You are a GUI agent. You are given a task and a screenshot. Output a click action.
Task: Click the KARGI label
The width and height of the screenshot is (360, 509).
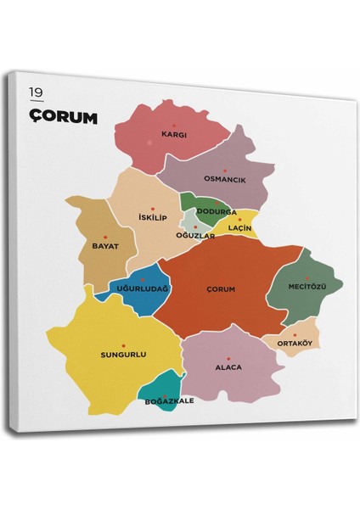(174, 134)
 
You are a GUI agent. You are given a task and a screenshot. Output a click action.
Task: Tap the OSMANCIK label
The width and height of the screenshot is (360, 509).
(223, 179)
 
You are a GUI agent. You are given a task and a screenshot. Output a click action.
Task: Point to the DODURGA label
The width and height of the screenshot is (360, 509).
(217, 211)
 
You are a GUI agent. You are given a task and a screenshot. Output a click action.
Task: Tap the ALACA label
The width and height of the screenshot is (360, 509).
(228, 367)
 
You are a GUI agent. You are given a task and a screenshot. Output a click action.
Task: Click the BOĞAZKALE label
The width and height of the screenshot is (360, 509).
(171, 400)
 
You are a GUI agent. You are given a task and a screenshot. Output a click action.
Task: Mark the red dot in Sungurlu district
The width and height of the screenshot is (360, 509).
(125, 344)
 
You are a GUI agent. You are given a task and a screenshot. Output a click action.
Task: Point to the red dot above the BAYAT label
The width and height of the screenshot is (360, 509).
(105, 237)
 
